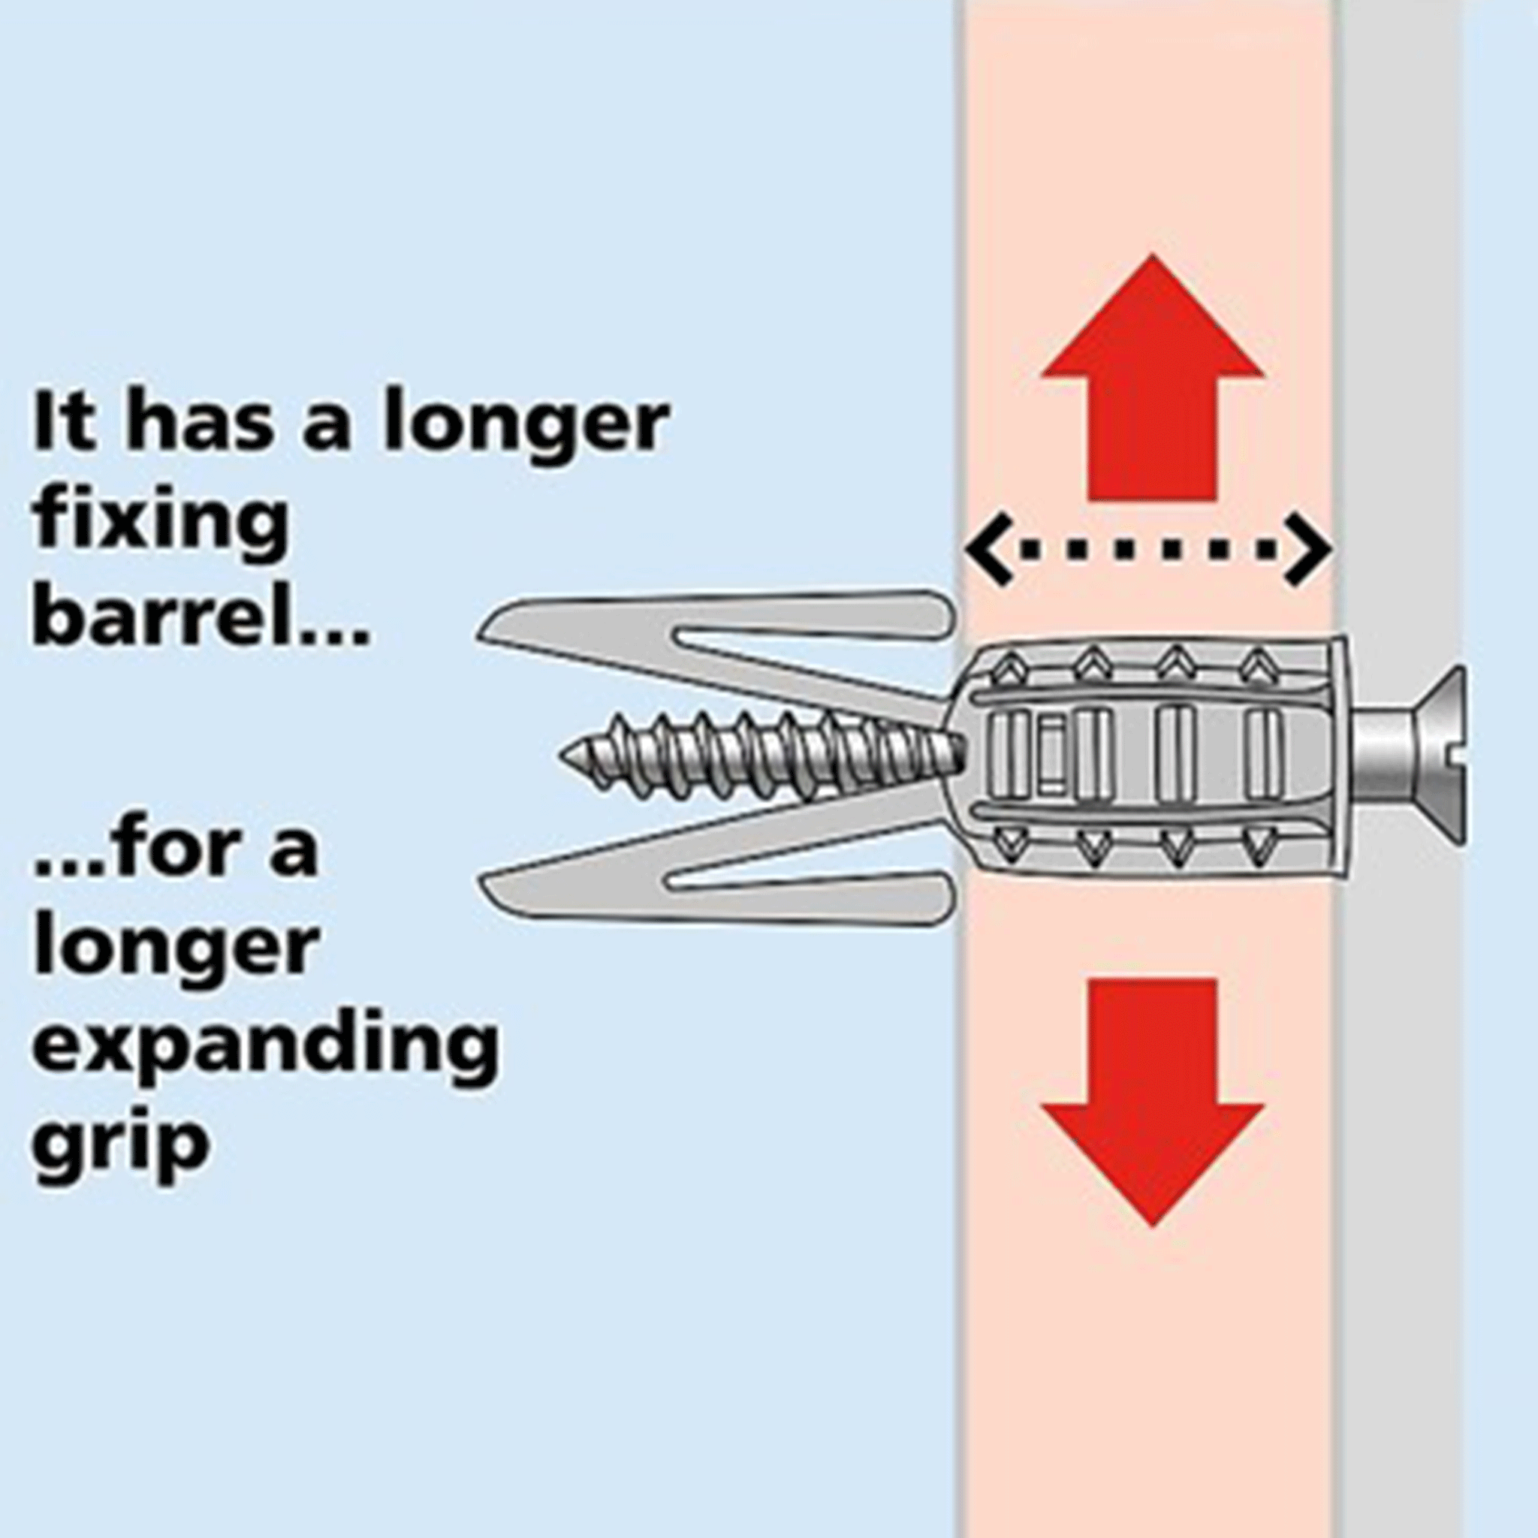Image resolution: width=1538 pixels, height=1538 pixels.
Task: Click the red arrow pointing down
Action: click(1153, 1102)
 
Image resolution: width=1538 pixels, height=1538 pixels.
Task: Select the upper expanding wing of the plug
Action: click(716, 645)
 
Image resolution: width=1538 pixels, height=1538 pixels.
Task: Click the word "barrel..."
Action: click(200, 618)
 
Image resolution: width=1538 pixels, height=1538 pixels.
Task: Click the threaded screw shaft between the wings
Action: click(764, 756)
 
